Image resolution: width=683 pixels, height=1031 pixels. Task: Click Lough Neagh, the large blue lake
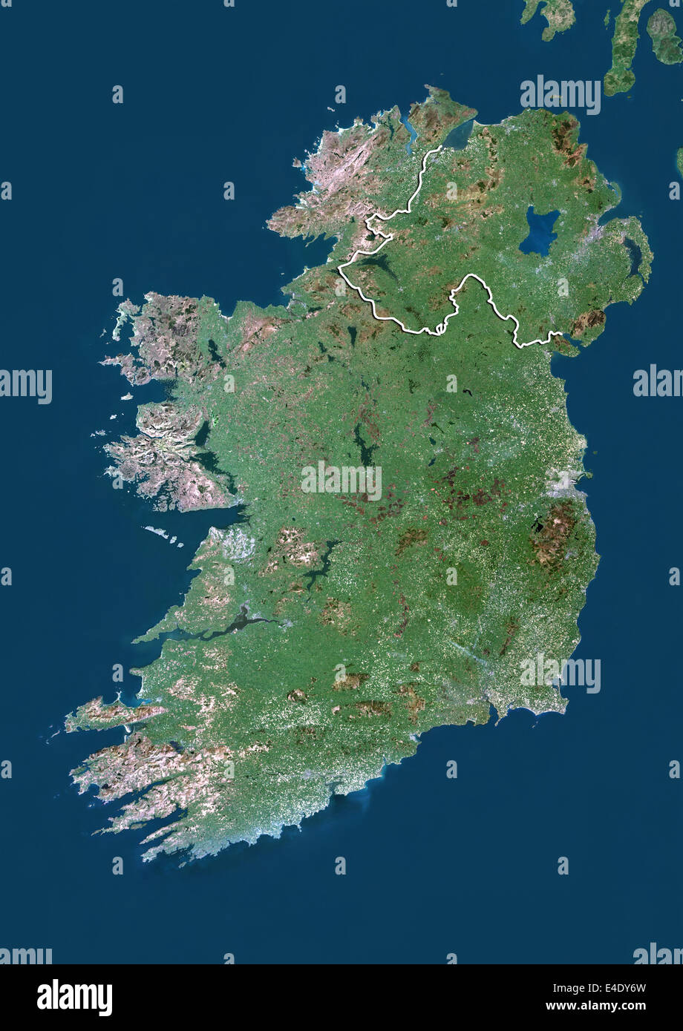[540, 231]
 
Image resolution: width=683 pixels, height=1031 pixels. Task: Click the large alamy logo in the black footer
[74, 998]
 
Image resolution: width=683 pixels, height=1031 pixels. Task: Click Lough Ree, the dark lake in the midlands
[363, 445]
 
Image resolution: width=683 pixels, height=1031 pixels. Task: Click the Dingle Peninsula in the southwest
[111, 714]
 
